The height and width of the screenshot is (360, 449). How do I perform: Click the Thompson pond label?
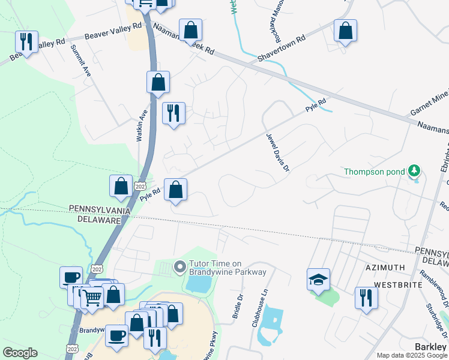[375, 172]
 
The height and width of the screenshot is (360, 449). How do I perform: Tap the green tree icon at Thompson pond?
[414, 172]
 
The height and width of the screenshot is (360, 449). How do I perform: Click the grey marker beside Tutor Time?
[179, 266]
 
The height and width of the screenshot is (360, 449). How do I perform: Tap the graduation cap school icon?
[318, 279]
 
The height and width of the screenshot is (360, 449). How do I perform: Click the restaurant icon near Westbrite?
[366, 298]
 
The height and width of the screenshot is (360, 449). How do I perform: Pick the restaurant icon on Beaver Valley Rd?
[26, 42]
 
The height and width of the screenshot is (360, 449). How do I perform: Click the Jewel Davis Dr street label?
[278, 153]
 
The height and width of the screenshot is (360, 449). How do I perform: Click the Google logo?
[20, 353]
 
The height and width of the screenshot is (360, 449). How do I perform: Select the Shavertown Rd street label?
[282, 47]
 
